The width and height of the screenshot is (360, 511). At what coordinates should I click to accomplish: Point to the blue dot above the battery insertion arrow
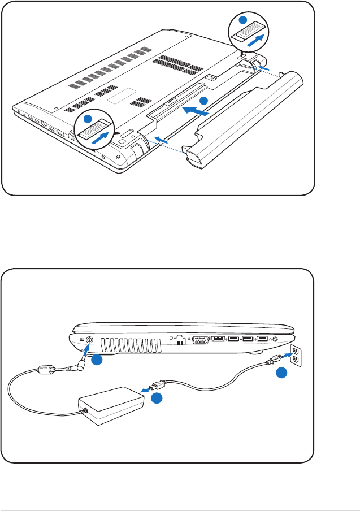click(204, 100)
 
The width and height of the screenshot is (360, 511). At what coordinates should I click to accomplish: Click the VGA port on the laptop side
click(199, 340)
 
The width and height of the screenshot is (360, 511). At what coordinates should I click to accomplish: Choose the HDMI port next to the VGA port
click(218, 340)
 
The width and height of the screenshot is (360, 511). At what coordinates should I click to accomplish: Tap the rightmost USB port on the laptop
click(262, 340)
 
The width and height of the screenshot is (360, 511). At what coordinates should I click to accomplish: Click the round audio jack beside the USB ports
click(276, 340)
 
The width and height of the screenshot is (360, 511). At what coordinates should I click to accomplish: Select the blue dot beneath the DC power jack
click(97, 360)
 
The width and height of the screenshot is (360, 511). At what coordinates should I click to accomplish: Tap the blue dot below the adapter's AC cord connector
click(157, 398)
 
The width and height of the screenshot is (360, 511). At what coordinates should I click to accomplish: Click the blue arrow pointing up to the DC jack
click(85, 354)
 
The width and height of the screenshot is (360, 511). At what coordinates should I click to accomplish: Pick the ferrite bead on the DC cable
click(44, 371)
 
